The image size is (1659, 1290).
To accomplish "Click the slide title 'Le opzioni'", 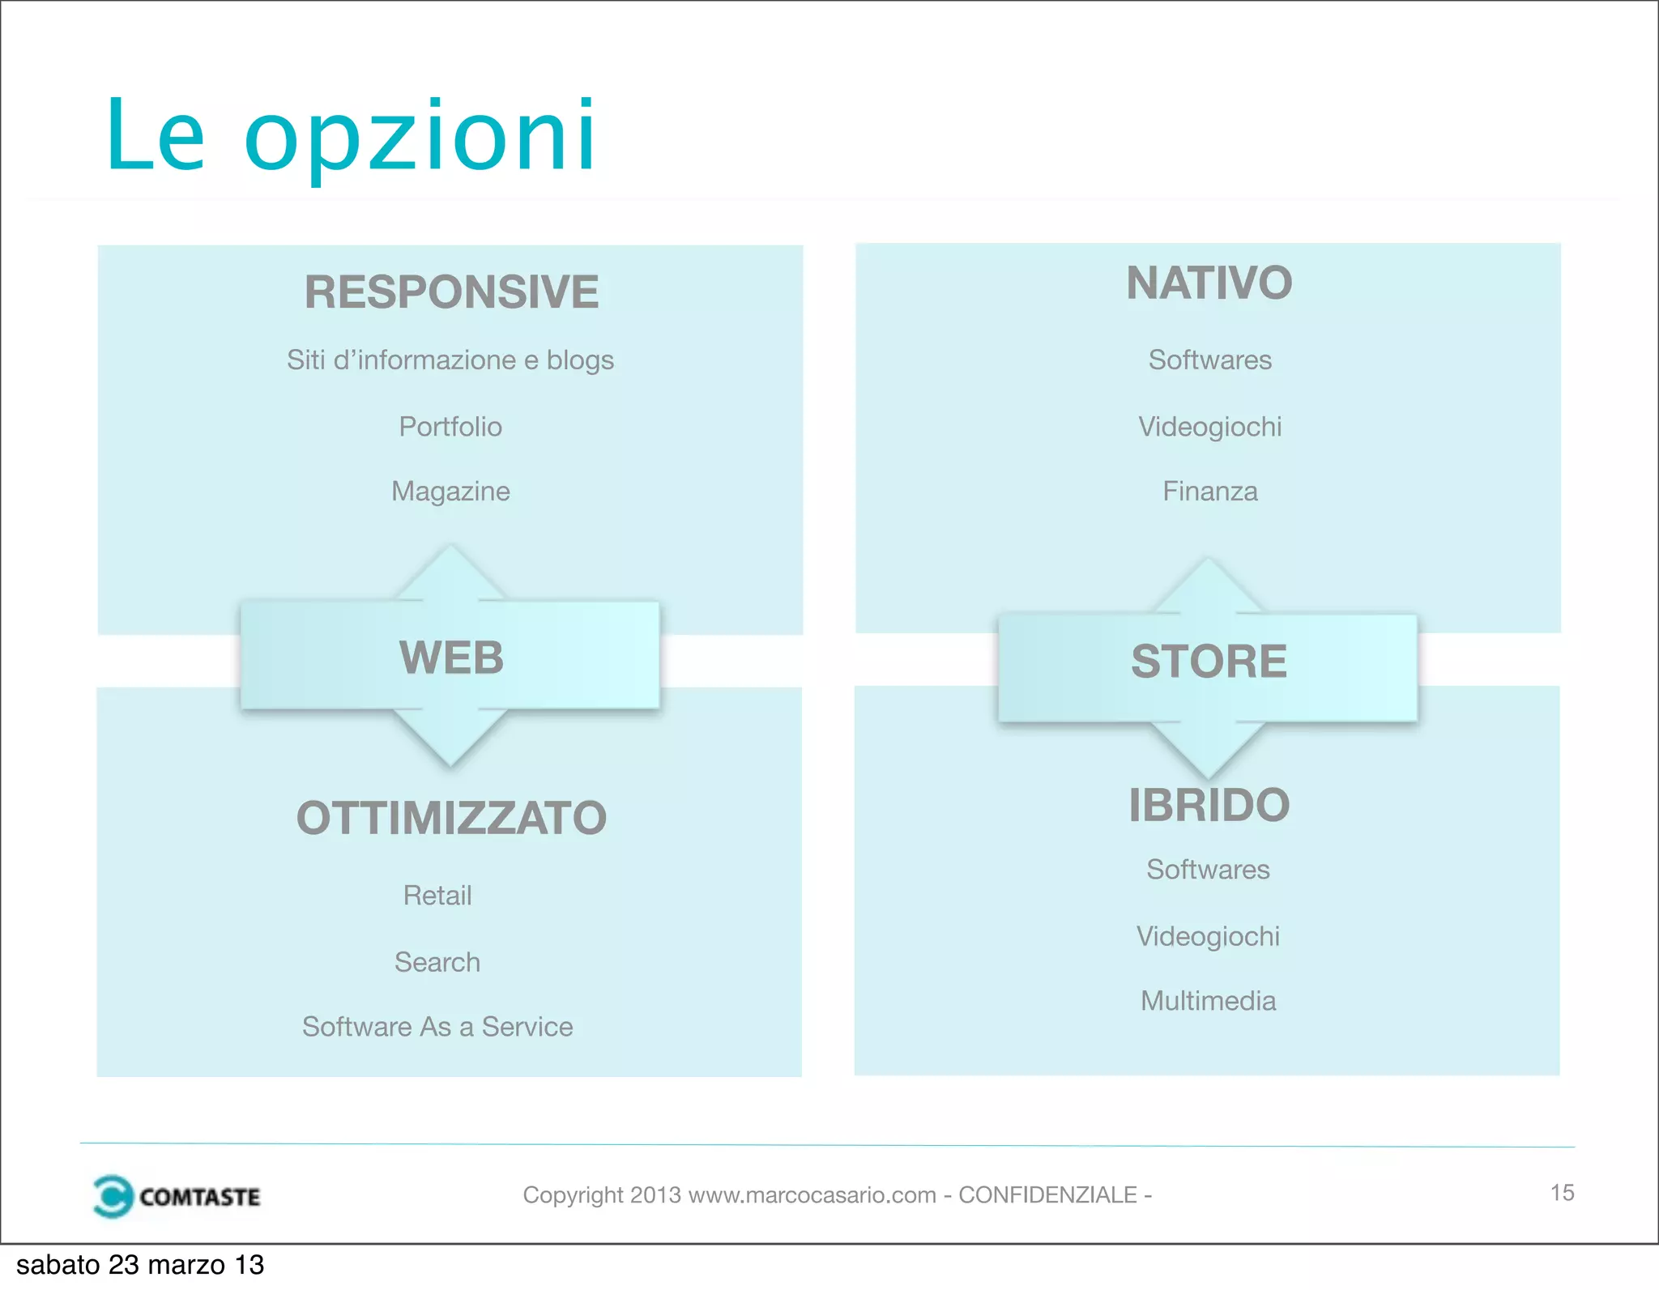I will click(351, 136).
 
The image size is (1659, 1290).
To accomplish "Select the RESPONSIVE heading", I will click(451, 292).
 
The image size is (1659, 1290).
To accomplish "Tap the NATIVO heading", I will click(1209, 283).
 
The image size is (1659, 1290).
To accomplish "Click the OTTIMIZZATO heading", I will click(451, 818).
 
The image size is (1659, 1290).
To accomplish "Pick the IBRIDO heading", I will click(1209, 805).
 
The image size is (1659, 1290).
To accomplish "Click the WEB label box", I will click(450, 656).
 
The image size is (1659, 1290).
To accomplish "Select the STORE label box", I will click(1208, 662).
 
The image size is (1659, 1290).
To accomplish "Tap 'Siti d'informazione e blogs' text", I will click(450, 360).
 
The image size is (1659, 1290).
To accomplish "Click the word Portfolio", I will click(450, 427).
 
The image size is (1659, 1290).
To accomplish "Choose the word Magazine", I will click(450, 492).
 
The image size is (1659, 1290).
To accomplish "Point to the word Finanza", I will click(1209, 492).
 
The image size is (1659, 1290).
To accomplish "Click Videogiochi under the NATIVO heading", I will click(1209, 427).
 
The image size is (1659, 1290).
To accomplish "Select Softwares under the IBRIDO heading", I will click(1208, 870).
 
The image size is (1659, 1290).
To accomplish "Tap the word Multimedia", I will click(1208, 1001).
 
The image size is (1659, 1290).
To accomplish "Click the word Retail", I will click(437, 896).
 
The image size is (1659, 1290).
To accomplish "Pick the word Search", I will click(437, 962).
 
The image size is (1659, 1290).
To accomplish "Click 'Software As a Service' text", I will click(437, 1027).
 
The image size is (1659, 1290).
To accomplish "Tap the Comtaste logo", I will click(177, 1196).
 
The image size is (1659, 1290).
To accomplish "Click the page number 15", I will click(1562, 1193).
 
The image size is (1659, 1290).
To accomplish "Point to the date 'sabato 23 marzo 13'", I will click(140, 1265).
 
